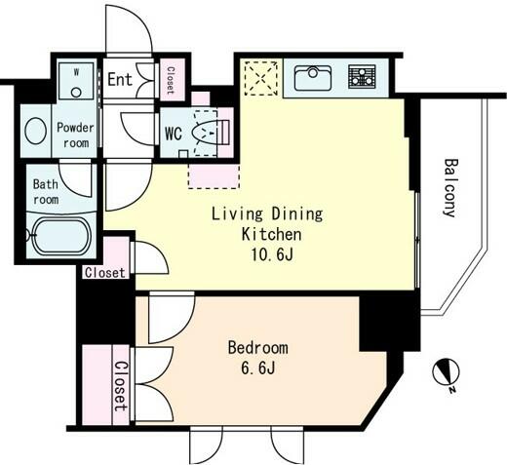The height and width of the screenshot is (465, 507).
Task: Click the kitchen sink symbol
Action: (x=313, y=78)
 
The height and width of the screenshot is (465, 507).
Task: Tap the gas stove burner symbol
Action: (x=362, y=77)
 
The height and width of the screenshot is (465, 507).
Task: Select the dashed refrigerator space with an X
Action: (x=261, y=78)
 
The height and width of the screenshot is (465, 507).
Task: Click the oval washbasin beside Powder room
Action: (x=36, y=131)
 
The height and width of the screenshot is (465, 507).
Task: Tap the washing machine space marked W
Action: (x=76, y=81)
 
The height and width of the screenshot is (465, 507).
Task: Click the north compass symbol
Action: (x=447, y=373)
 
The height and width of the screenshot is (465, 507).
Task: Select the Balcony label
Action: (x=450, y=187)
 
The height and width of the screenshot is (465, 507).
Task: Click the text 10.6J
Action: (x=272, y=254)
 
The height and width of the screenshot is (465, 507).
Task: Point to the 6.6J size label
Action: (x=258, y=368)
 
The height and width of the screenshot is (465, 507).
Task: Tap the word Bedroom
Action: (x=258, y=348)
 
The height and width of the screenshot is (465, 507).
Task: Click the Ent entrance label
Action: (x=120, y=79)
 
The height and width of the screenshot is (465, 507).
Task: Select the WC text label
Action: (x=174, y=134)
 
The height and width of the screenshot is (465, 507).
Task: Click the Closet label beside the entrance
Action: (x=171, y=80)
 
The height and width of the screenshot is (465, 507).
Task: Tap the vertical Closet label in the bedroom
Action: (x=121, y=386)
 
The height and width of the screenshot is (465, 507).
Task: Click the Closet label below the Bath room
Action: (x=104, y=273)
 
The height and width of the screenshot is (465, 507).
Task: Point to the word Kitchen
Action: (x=272, y=234)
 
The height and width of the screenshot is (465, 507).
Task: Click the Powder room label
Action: (x=75, y=136)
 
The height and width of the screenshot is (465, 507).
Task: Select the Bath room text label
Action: (x=46, y=192)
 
